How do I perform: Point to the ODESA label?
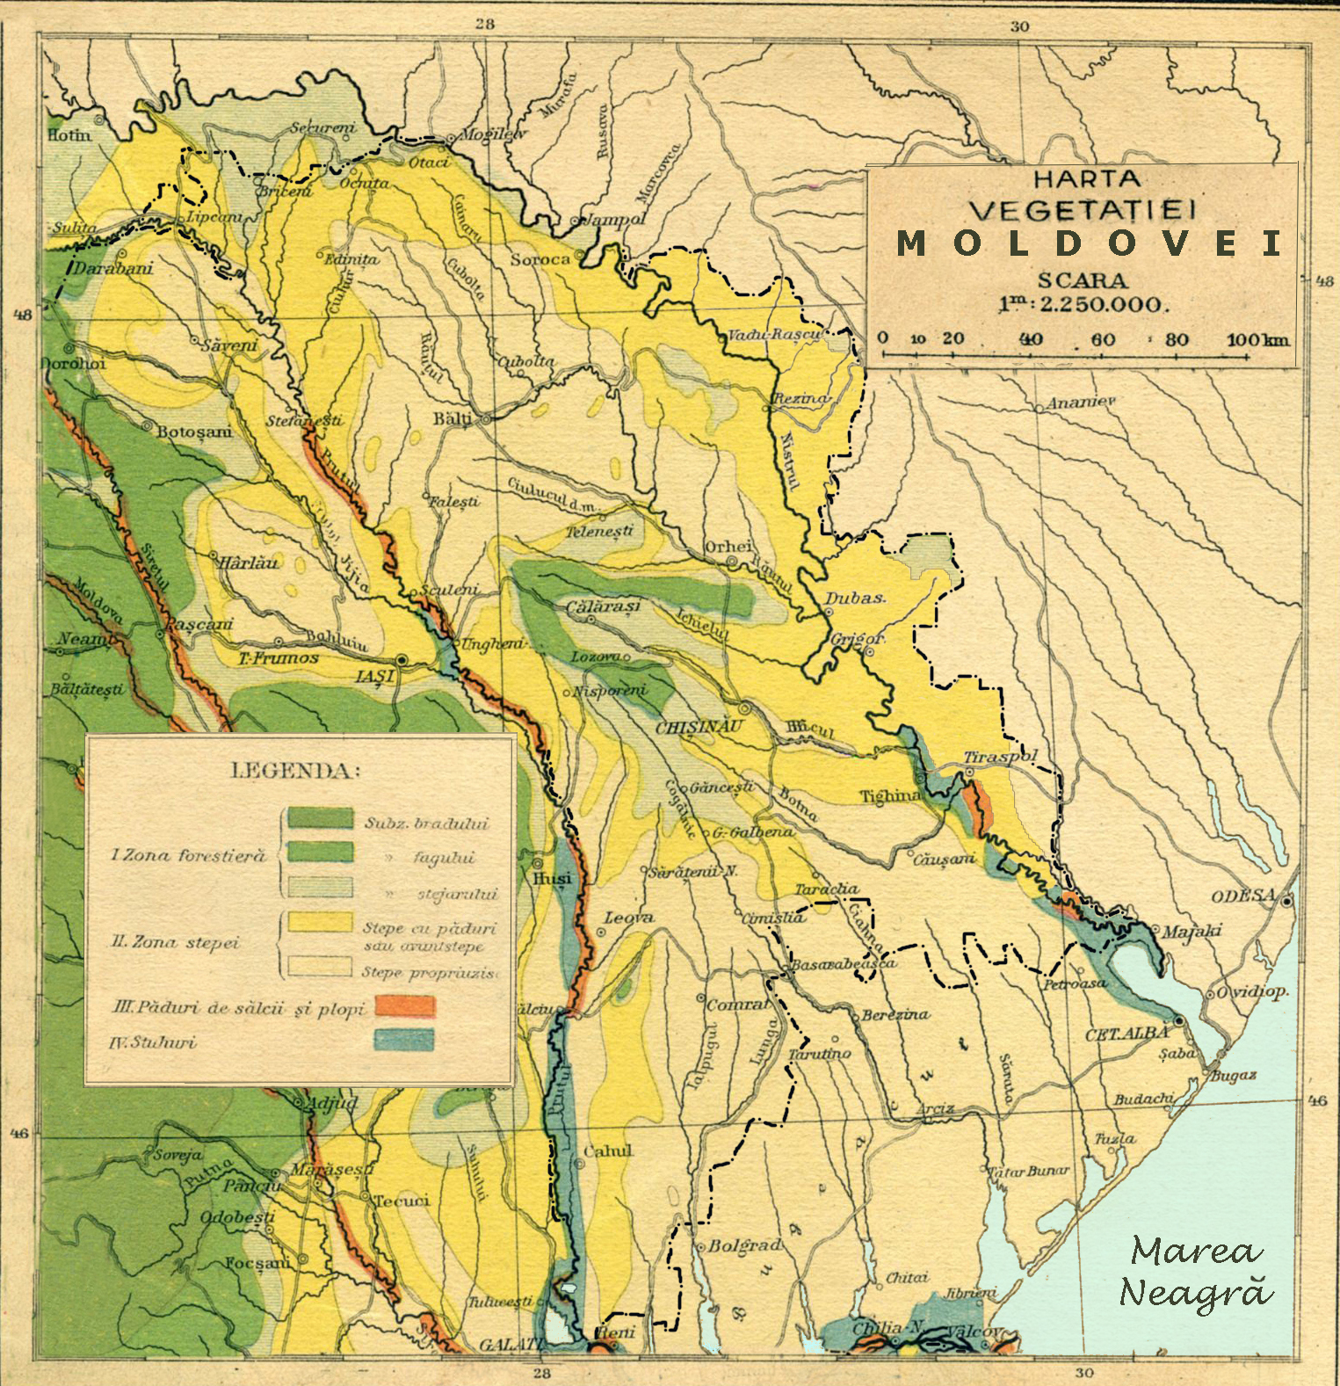tap(1243, 896)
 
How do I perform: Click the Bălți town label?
tap(453, 419)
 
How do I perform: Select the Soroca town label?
tap(540, 261)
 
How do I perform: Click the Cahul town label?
tap(608, 1150)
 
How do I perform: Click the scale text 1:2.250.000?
tap(1083, 305)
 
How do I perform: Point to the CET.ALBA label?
tap(1127, 1035)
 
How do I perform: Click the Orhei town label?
tap(728, 547)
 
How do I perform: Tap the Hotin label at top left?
tap(69, 135)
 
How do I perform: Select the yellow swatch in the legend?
tap(321, 921)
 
